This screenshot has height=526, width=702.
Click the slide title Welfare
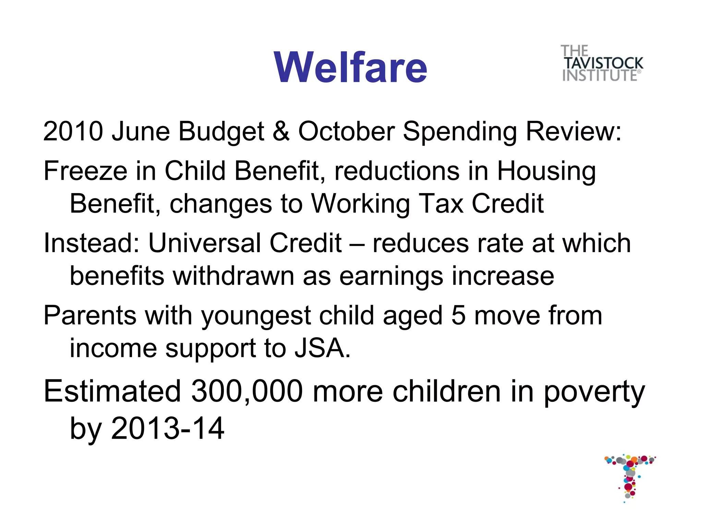350,67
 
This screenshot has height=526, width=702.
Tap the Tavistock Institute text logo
602,64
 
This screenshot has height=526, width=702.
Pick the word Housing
546,171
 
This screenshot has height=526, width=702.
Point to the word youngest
256,316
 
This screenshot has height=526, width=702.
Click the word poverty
594,392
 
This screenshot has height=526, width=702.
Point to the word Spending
460,131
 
